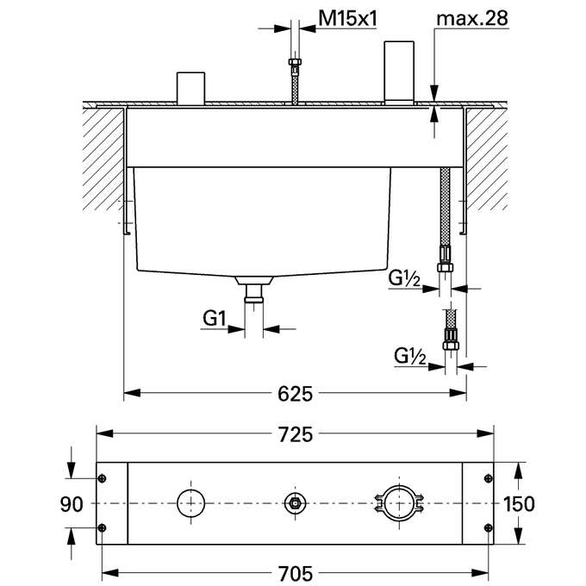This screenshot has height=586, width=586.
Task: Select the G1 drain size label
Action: pyautogui.click(x=215, y=320)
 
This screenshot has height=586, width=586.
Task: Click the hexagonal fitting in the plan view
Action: pyautogui.click(x=295, y=503)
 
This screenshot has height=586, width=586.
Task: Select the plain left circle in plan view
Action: pyautogui.click(x=189, y=502)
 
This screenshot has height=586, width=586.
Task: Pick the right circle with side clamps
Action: pyautogui.click(x=398, y=502)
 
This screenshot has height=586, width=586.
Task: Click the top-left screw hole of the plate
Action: pyautogui.click(x=103, y=479)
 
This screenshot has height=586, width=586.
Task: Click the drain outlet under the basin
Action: pyautogui.click(x=253, y=292)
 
